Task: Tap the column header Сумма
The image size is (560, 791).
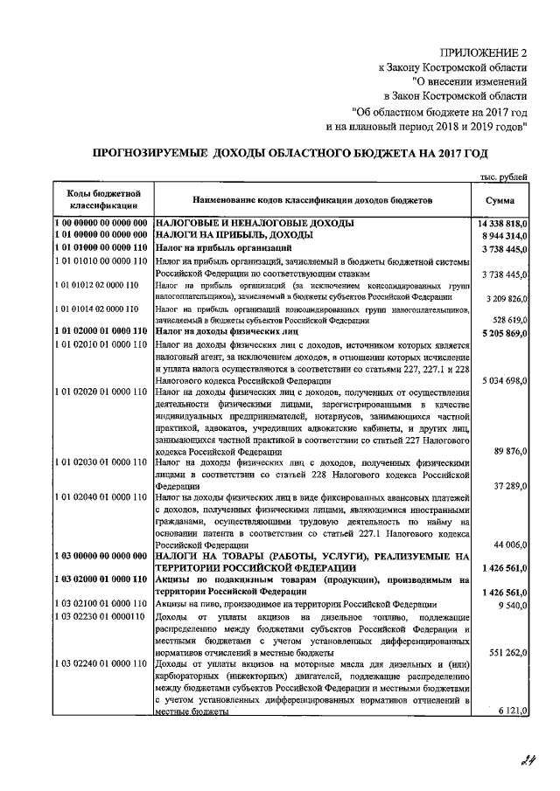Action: [499, 200]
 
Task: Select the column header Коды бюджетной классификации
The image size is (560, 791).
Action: [100, 199]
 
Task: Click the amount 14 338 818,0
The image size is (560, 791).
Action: [502, 224]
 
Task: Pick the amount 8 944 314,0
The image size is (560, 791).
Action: [502, 236]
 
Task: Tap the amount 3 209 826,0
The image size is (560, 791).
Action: [504, 298]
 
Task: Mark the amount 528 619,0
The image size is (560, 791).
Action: [508, 321]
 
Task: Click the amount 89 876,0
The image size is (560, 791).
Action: [511, 452]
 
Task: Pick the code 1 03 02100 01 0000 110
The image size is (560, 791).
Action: [100, 604]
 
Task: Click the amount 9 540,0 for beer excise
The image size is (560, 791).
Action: [513, 604]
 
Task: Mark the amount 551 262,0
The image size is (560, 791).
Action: [508, 652]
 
